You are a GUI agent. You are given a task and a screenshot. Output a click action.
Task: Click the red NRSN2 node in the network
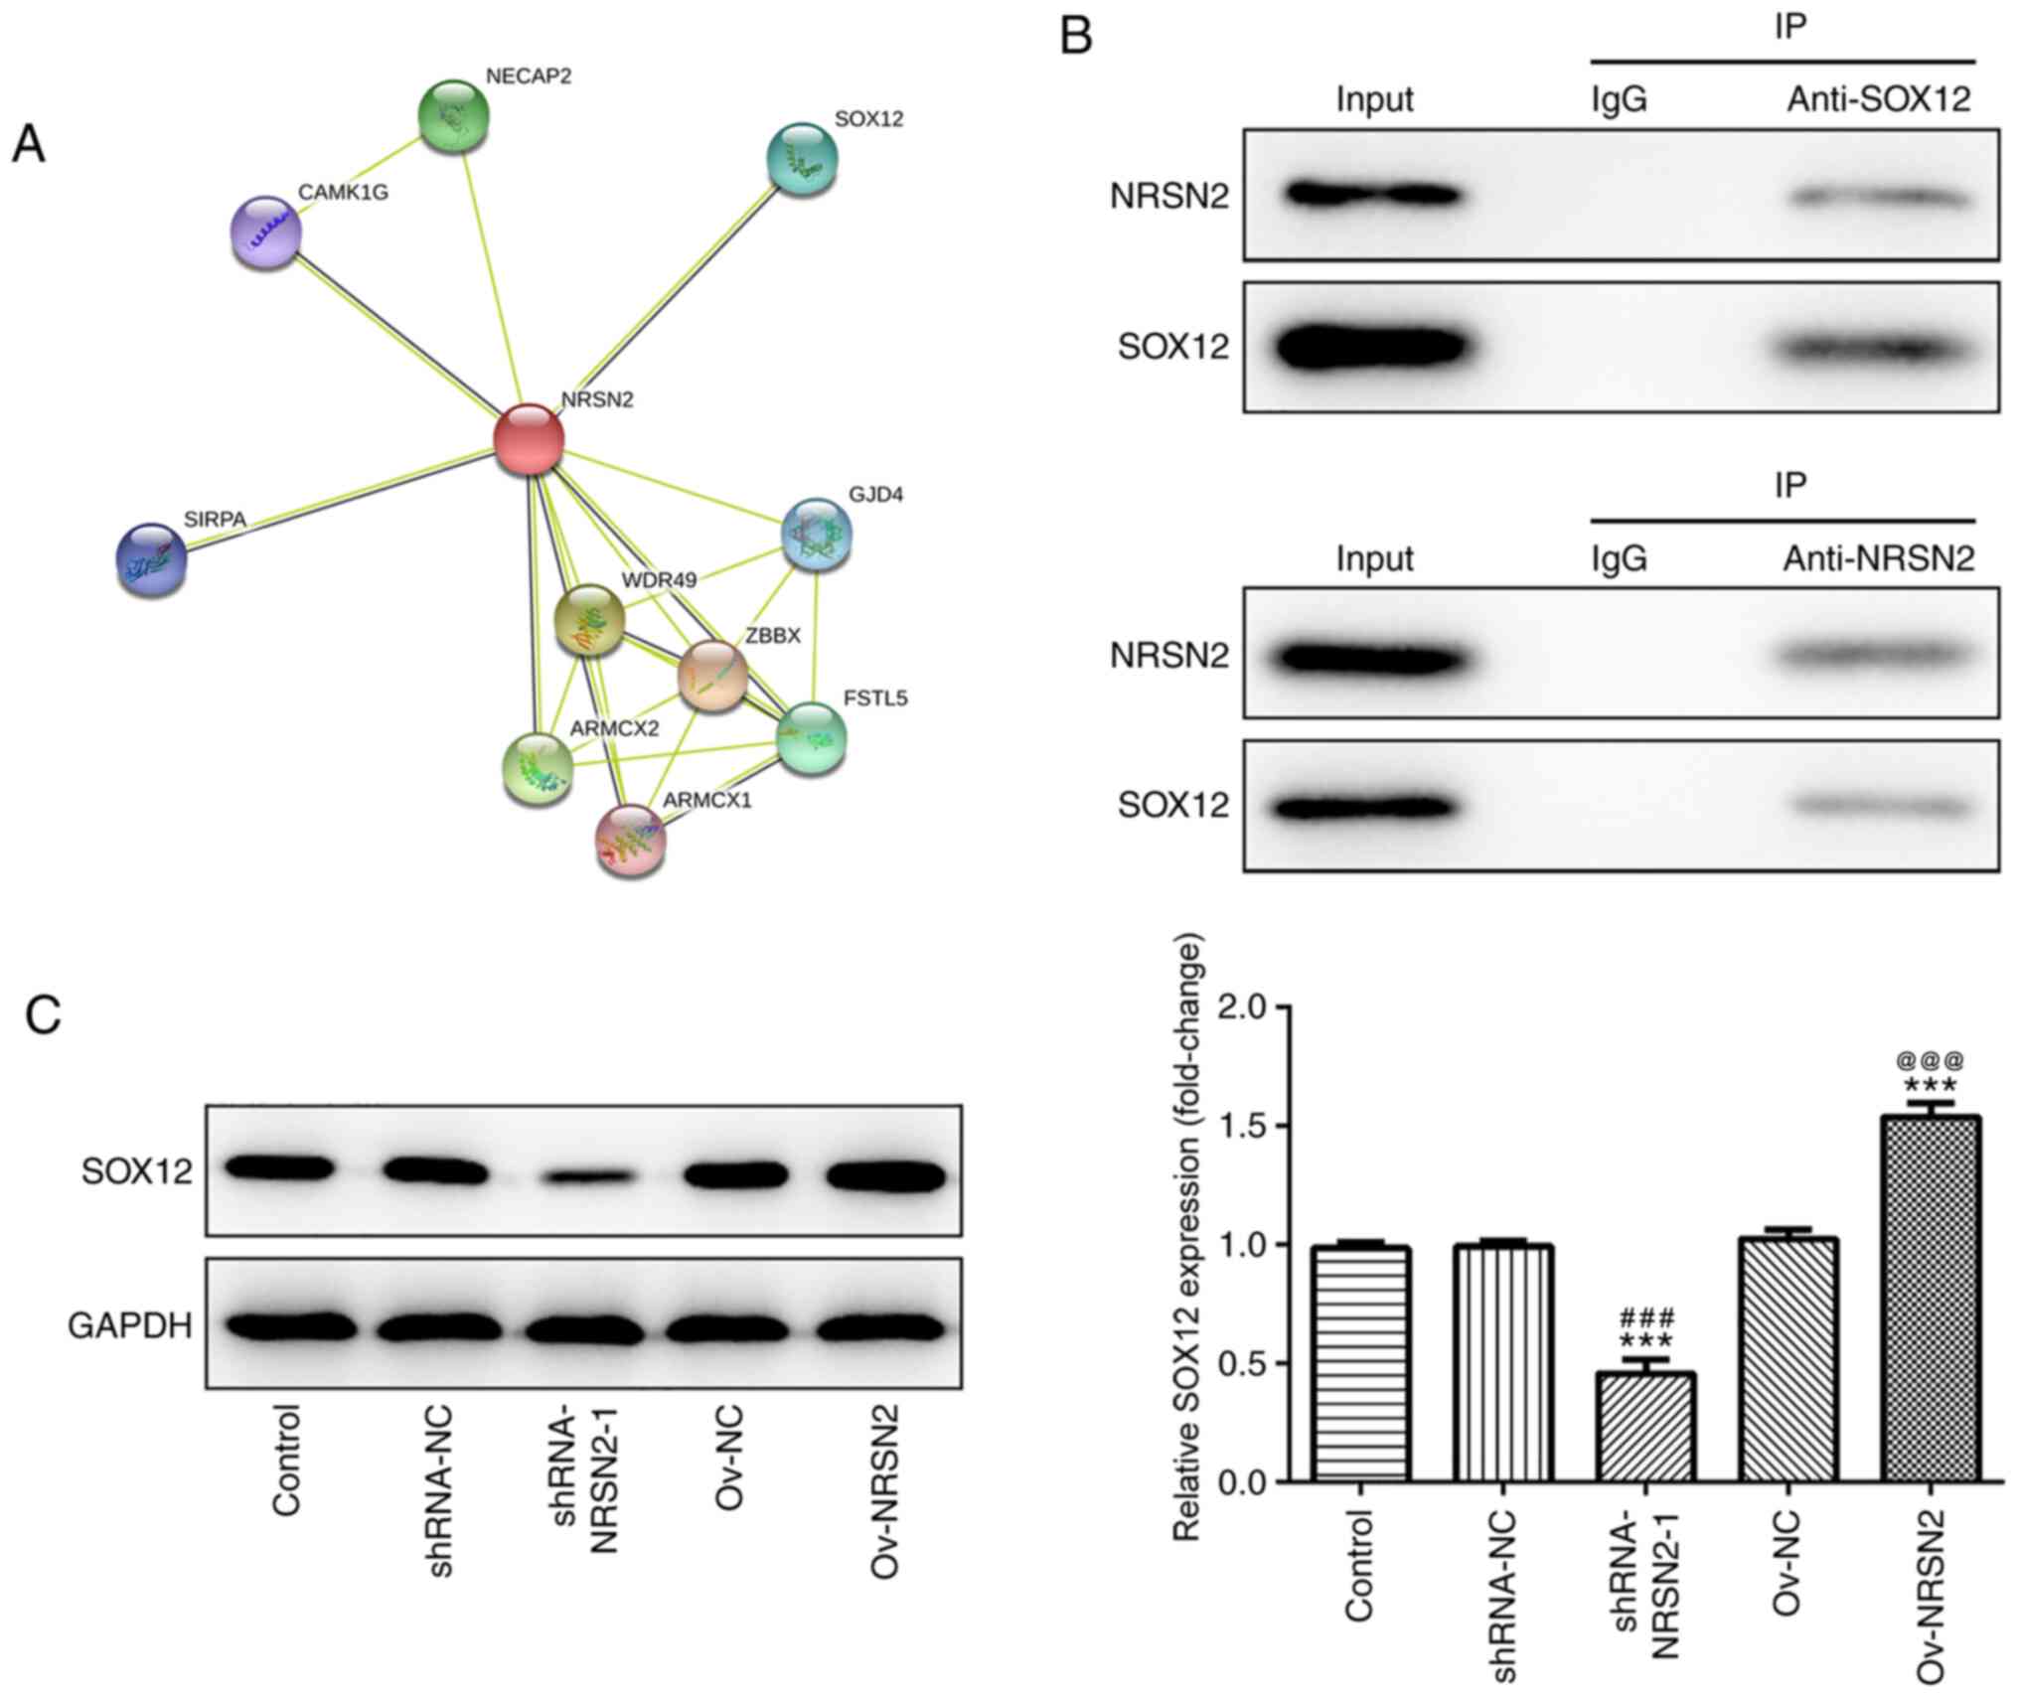click(530, 438)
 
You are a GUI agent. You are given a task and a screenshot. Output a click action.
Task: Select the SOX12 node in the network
click(802, 159)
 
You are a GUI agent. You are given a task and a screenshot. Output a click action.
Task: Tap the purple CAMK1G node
click(266, 232)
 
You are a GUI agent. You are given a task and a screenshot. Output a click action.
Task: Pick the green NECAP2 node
click(453, 116)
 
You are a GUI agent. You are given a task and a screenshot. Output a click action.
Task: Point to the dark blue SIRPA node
click(151, 559)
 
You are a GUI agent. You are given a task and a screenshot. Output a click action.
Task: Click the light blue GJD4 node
click(817, 535)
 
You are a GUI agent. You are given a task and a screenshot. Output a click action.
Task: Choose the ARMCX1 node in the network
click(630, 841)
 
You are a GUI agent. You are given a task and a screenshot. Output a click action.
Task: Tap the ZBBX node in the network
click(712, 677)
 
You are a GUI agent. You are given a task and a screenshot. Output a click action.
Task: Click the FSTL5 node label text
click(874, 698)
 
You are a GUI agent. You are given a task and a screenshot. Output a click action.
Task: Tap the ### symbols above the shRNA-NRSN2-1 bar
click(1646, 1318)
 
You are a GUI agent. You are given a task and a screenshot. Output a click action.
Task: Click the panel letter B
click(1077, 37)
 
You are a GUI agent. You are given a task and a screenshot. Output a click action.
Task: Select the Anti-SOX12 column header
click(1878, 99)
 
